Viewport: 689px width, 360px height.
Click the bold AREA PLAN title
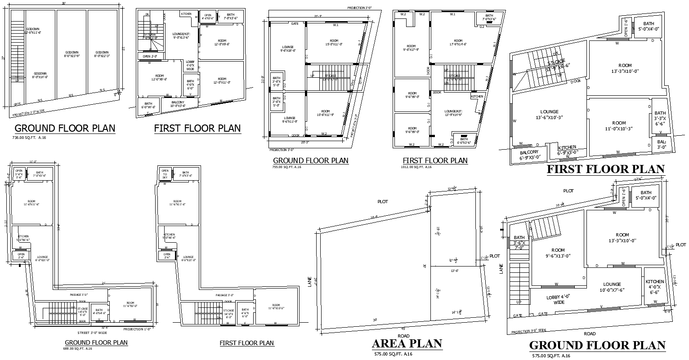[x=407, y=344]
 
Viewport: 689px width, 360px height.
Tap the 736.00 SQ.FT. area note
[x=29, y=138]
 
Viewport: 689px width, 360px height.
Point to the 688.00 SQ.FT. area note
[x=78, y=348]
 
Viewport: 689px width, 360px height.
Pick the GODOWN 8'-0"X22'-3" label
[x=102, y=54]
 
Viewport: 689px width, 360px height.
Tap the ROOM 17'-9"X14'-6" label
[x=458, y=42]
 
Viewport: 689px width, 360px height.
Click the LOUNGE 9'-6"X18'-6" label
[x=288, y=49]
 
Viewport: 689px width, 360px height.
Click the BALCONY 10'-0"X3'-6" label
[x=178, y=104]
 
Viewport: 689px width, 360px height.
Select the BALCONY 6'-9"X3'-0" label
[x=529, y=155]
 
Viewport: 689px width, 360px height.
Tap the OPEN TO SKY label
[x=165, y=174]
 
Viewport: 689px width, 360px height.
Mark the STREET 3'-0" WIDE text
[x=92, y=333]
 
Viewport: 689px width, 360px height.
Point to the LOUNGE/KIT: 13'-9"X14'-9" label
[x=453, y=113]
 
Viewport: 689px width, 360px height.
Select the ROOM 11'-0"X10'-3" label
[x=618, y=125]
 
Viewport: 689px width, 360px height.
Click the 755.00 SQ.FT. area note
[x=287, y=167]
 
